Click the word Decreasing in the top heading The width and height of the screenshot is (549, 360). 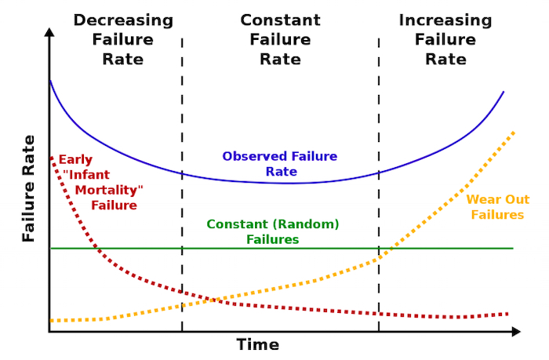click(x=123, y=20)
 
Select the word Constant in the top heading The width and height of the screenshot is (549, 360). click(x=280, y=20)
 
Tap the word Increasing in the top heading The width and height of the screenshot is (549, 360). click(x=445, y=20)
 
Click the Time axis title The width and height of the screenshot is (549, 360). click(x=258, y=344)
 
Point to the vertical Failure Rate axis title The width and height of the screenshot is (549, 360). click(x=29, y=188)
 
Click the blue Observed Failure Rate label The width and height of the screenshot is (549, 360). click(x=280, y=164)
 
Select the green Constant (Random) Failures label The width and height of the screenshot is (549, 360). click(x=273, y=232)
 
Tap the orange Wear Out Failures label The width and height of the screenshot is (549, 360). click(x=497, y=207)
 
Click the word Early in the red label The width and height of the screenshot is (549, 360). click(x=75, y=160)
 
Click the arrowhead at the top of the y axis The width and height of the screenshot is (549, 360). click(x=49, y=32)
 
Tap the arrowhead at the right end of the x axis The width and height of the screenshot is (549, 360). click(x=516, y=331)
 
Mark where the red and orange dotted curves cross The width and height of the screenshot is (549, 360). click(x=213, y=300)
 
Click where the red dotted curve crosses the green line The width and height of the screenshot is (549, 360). click(x=96, y=249)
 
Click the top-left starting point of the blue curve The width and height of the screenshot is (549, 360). click(x=50, y=81)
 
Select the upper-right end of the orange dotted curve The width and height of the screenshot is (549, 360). click(x=513, y=133)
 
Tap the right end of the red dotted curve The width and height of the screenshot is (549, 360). click(x=507, y=315)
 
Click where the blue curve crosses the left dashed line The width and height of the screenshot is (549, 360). click(x=182, y=173)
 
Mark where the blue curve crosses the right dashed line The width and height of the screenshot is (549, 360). click(x=379, y=173)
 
